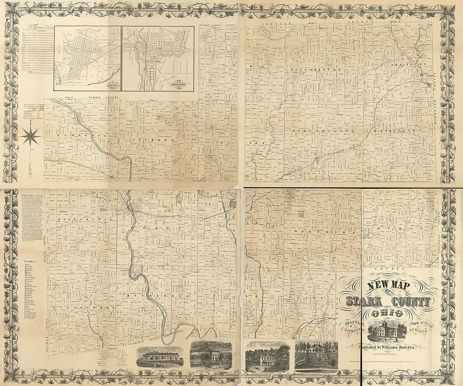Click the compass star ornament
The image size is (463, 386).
click(x=31, y=136)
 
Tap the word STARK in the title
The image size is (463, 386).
click(x=365, y=301)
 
